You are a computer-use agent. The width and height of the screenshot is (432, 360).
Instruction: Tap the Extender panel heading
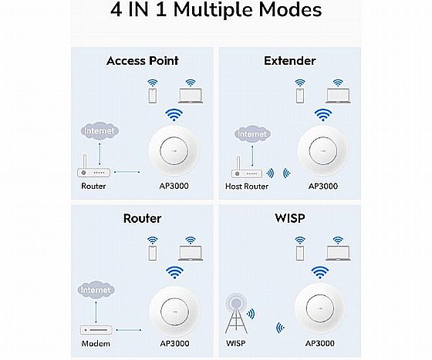[x=291, y=60]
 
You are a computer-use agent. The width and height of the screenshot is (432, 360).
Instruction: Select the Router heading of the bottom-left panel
[x=142, y=218]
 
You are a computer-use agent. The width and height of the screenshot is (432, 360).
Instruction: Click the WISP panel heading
[x=290, y=218]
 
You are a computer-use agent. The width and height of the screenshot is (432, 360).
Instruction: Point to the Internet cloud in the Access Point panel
[x=100, y=132]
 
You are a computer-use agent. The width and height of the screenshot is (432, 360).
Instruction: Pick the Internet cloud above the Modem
[x=97, y=291]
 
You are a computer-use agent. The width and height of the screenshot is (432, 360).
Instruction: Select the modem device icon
[x=96, y=330]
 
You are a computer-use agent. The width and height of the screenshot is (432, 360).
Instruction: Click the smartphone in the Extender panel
[x=299, y=93]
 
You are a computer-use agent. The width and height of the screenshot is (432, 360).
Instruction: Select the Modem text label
[x=96, y=343]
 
